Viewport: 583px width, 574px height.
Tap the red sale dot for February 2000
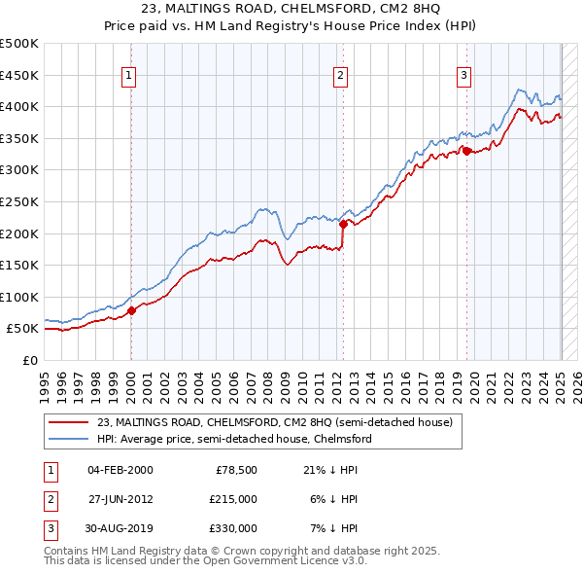pyautogui.click(x=132, y=310)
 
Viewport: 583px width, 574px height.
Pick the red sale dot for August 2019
pyautogui.click(x=466, y=150)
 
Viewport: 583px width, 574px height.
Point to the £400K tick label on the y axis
pyautogui.click(x=19, y=106)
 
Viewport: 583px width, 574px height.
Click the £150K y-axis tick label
pyautogui.click(x=19, y=265)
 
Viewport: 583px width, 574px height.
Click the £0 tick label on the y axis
pyautogui.click(x=30, y=360)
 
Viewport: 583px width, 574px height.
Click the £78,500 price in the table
pyautogui.click(x=235, y=470)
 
